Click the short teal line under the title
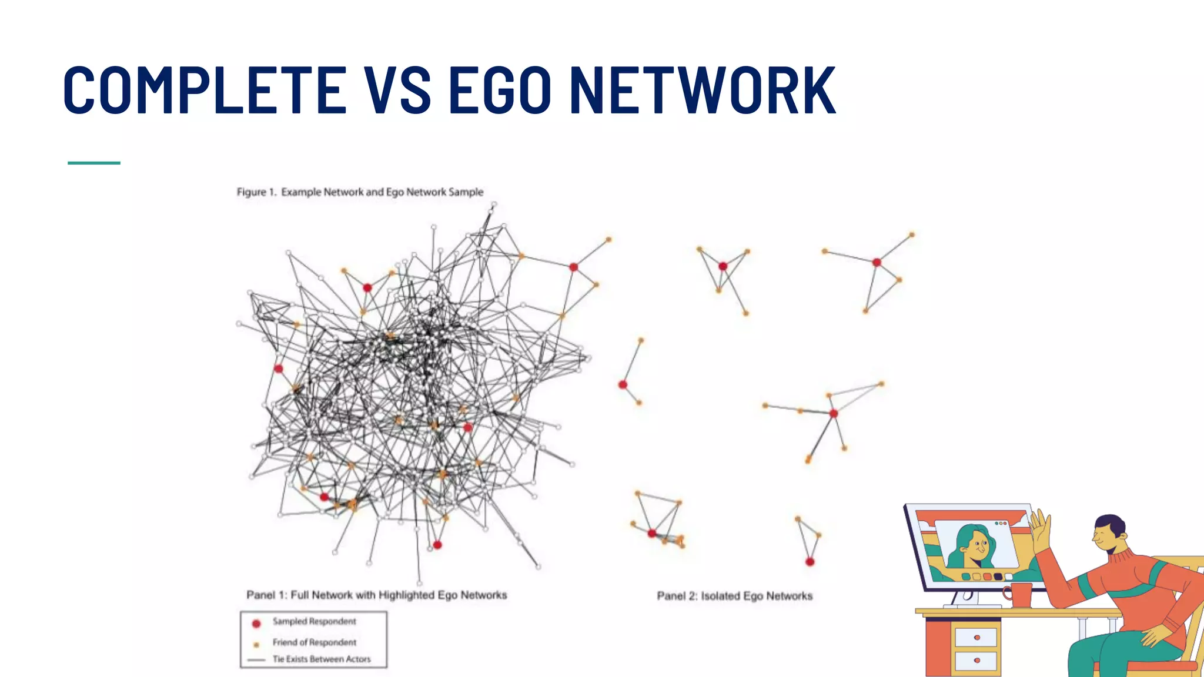(x=94, y=163)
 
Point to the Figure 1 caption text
(x=360, y=192)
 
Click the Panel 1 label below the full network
(x=376, y=595)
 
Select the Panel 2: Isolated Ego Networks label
(x=734, y=596)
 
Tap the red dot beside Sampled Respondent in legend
(x=256, y=624)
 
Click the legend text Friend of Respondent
(x=314, y=642)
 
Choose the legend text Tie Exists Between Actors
(x=321, y=659)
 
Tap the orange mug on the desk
(x=1021, y=594)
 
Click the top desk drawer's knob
(x=976, y=638)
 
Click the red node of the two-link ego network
(x=623, y=385)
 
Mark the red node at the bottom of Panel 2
(x=810, y=562)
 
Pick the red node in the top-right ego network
(x=877, y=263)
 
